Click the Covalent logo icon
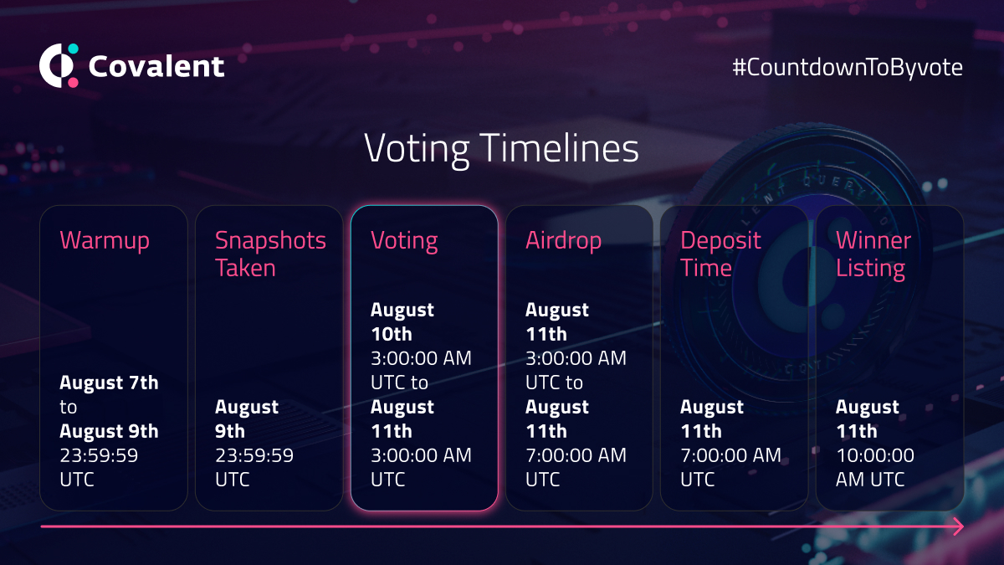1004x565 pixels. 59,65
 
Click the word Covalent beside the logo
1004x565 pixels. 156,66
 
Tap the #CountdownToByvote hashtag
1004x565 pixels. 848,68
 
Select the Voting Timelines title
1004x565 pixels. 501,149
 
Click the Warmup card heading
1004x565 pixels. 105,241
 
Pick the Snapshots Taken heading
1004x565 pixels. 270,254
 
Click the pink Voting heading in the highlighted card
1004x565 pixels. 404,242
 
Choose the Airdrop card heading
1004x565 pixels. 563,241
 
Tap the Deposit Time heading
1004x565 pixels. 720,254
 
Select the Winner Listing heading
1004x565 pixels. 873,254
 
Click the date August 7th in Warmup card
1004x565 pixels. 109,383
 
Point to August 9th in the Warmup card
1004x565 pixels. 109,431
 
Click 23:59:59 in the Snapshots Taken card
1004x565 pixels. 254,455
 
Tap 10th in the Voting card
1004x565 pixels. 392,334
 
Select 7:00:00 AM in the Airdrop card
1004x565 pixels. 576,455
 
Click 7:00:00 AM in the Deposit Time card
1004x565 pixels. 730,455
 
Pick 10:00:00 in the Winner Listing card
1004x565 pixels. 875,455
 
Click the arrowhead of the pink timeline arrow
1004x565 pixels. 958,526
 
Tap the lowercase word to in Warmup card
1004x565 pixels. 68,407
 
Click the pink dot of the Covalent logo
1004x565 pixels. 73,83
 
